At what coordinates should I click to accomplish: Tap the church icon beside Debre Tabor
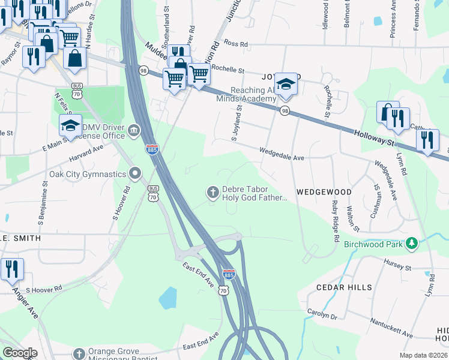[212, 192]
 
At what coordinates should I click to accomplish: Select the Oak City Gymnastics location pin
[136, 174]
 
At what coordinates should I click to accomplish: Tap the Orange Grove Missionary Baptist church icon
[79, 354]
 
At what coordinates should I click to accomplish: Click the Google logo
[20, 353]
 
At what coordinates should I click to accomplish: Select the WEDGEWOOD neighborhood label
[324, 192]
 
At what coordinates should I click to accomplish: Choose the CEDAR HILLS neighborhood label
[344, 287]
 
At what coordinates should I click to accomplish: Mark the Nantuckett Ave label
[391, 328]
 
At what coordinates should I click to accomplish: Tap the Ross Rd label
[235, 44]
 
